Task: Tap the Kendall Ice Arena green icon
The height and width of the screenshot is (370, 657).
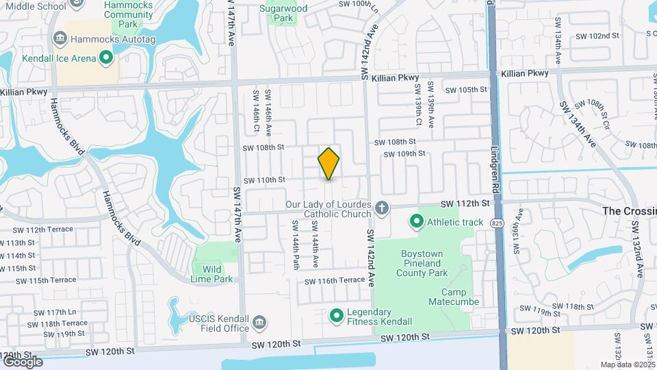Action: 106,58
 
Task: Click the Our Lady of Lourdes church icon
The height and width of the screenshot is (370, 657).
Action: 382,207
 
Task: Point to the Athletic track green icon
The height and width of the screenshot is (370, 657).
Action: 416,221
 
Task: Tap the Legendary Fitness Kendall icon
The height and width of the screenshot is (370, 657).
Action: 336,316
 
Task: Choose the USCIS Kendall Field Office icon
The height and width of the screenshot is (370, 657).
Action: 259,322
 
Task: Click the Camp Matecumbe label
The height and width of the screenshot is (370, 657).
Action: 454,297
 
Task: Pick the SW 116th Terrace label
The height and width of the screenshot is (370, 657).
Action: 335,281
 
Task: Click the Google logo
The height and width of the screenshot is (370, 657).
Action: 23,362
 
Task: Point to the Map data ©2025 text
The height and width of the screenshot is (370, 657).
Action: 628,365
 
